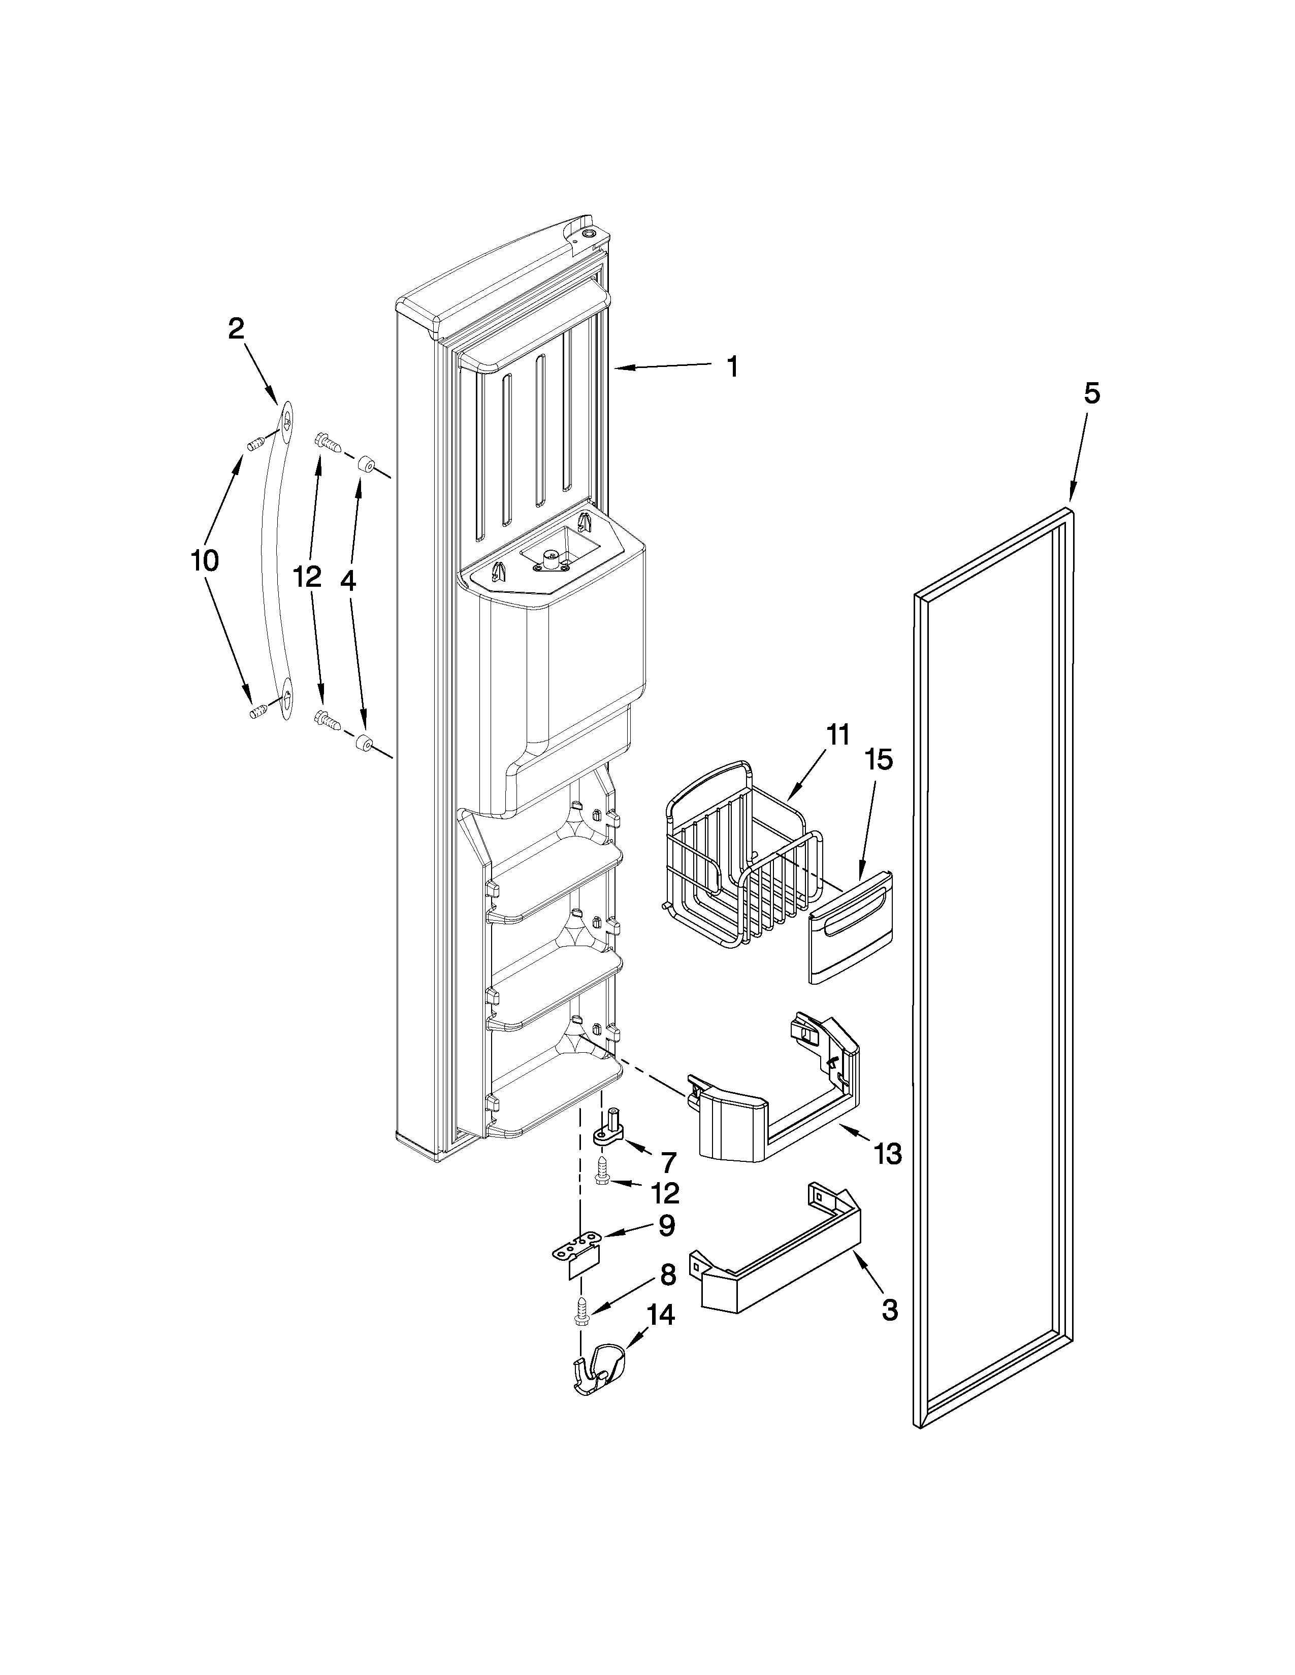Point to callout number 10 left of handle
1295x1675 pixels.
pyautogui.click(x=205, y=561)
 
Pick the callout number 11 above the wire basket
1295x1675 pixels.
pyautogui.click(x=838, y=735)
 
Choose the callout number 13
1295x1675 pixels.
pyautogui.click(x=888, y=1175)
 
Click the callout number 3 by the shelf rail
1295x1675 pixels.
pyautogui.click(x=889, y=1311)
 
